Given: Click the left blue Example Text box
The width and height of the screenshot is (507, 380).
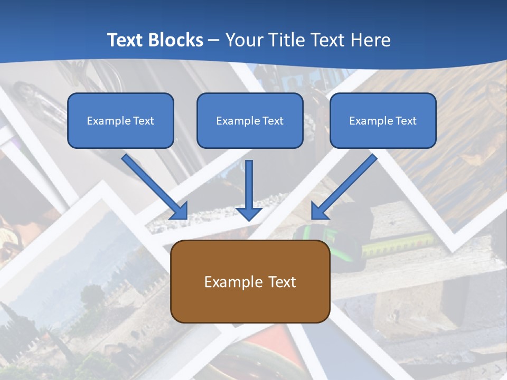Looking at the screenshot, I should [x=120, y=120].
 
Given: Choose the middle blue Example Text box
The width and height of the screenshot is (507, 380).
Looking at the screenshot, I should [x=250, y=120].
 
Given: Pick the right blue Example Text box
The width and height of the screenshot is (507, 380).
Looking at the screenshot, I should [x=383, y=120].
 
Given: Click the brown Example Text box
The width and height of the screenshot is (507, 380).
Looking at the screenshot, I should [x=250, y=282].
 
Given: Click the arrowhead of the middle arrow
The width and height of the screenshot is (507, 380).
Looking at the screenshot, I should [x=249, y=213].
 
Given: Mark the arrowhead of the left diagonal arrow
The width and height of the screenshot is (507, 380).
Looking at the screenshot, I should [x=180, y=211].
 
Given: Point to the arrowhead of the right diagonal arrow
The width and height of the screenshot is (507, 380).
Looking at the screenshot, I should [x=319, y=211].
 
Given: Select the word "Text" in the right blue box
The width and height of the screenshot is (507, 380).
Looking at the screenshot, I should [x=406, y=120].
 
